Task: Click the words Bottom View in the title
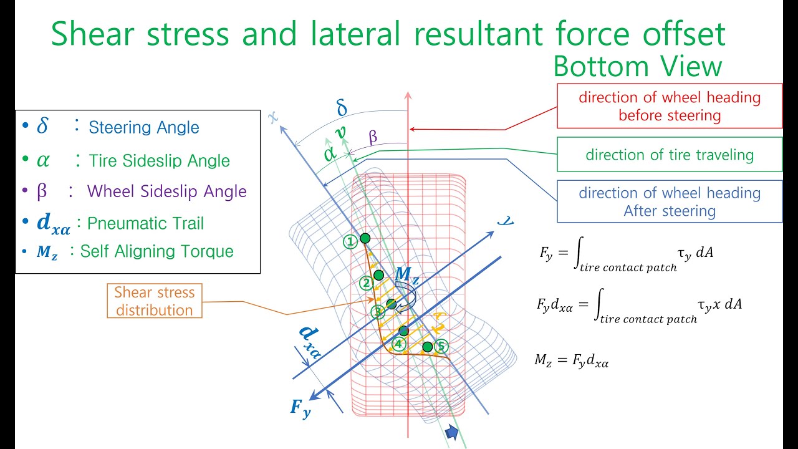pyautogui.click(x=637, y=67)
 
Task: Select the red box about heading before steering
pyautogui.click(x=669, y=106)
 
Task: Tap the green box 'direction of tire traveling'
pyautogui.click(x=669, y=155)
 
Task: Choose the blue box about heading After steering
pyautogui.click(x=669, y=201)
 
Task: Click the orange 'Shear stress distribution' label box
pyautogui.click(x=154, y=301)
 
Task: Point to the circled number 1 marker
pyautogui.click(x=351, y=240)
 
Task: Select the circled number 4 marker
pyautogui.click(x=399, y=344)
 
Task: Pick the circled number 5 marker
pyautogui.click(x=441, y=345)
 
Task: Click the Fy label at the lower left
pyautogui.click(x=300, y=408)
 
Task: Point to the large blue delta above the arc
pyautogui.click(x=342, y=109)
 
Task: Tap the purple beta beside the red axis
pyautogui.click(x=373, y=138)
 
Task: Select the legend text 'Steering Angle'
pyautogui.click(x=144, y=128)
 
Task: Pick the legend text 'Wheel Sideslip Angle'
pyautogui.click(x=166, y=191)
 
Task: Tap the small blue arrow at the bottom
pyautogui.click(x=452, y=433)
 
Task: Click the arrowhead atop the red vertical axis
pyautogui.click(x=408, y=96)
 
